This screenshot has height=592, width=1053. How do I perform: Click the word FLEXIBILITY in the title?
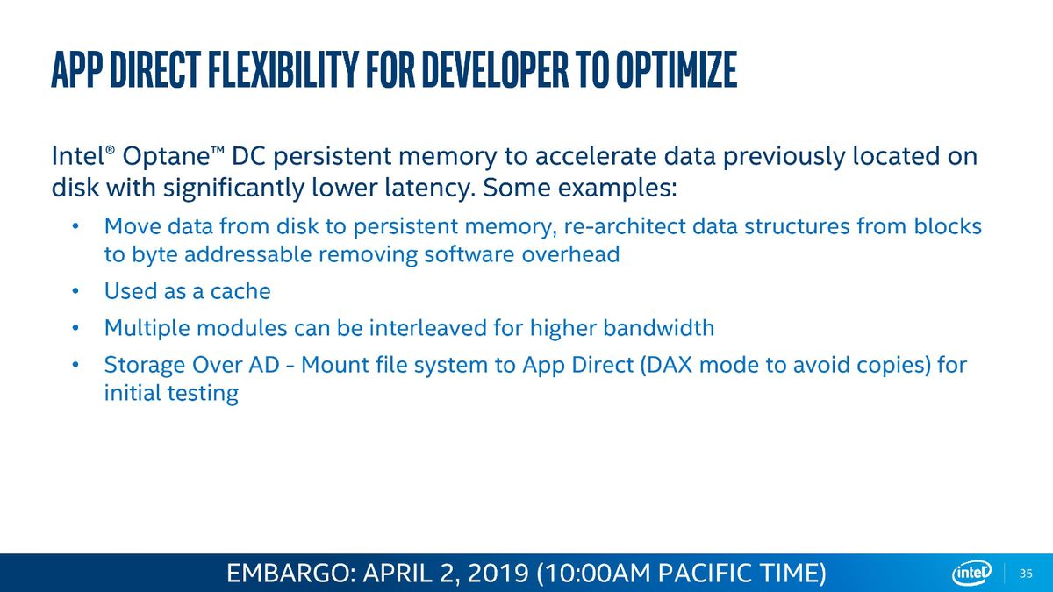283,70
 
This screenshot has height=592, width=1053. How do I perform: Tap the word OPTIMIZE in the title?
676,70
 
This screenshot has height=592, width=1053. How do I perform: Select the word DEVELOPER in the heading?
496,70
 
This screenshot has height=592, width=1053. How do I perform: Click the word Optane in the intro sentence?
166,156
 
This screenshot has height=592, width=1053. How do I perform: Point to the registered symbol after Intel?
110,150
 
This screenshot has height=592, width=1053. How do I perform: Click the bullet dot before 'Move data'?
75,226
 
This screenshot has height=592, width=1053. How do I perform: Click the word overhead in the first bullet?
570,254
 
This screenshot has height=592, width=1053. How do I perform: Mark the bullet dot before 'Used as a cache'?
75,291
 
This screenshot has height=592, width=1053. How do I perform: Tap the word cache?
240,291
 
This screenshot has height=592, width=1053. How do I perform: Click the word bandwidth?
659,327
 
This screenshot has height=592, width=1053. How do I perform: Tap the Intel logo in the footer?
971,573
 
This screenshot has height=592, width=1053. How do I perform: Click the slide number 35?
1026,574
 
